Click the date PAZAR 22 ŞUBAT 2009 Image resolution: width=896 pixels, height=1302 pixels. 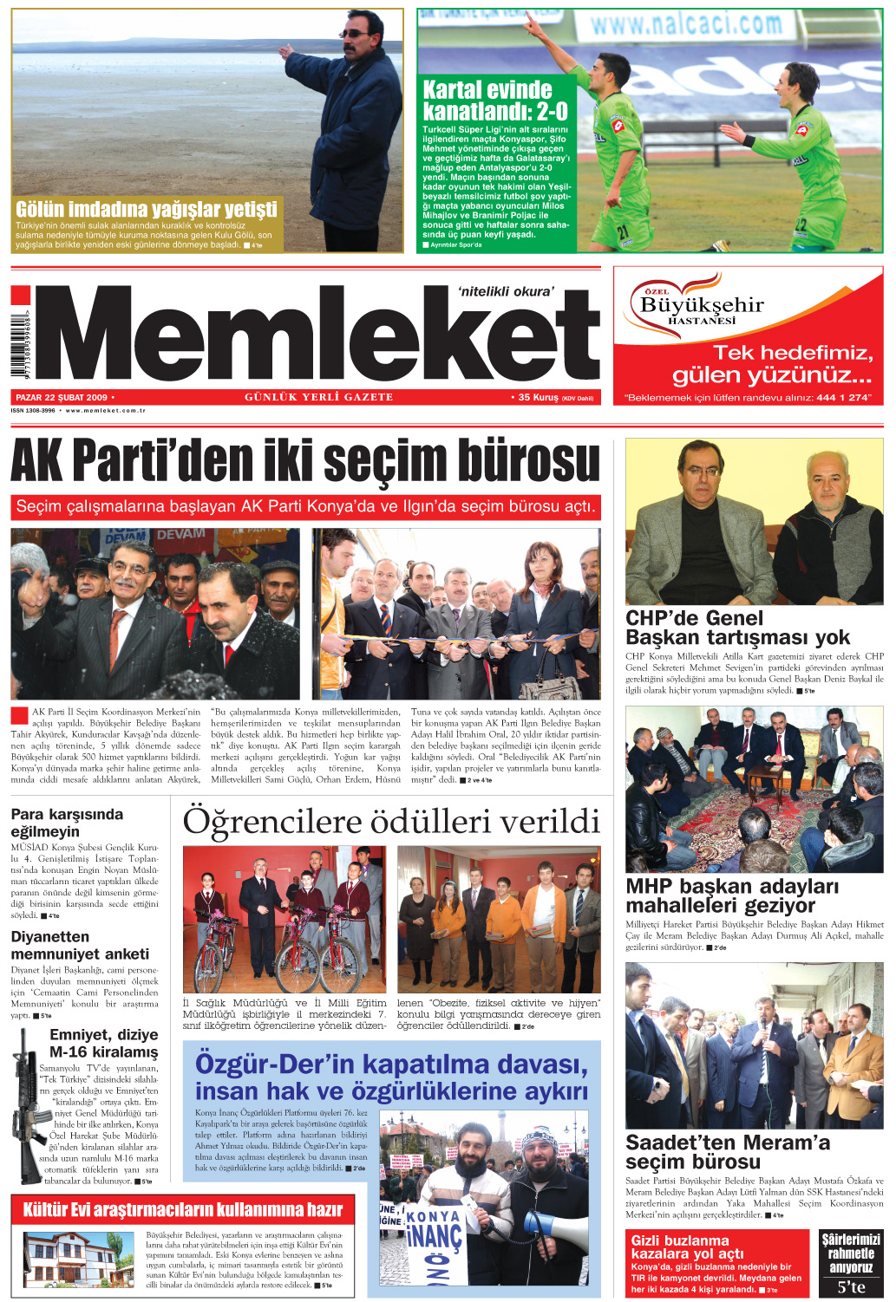click(x=62, y=397)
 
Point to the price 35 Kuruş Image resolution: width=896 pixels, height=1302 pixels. click(x=538, y=397)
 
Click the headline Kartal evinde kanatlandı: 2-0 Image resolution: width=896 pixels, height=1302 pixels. click(x=495, y=101)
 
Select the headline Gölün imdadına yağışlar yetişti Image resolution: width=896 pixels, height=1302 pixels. click(x=147, y=209)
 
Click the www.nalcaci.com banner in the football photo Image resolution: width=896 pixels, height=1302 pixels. click(x=686, y=23)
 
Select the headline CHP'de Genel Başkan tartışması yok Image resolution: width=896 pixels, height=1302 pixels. click(x=737, y=628)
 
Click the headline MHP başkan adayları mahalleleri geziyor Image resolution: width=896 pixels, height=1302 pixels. click(x=732, y=895)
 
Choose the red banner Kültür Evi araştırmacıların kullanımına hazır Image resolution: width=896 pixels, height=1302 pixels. click(x=182, y=1209)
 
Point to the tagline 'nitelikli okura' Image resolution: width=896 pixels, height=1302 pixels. click(x=505, y=291)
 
